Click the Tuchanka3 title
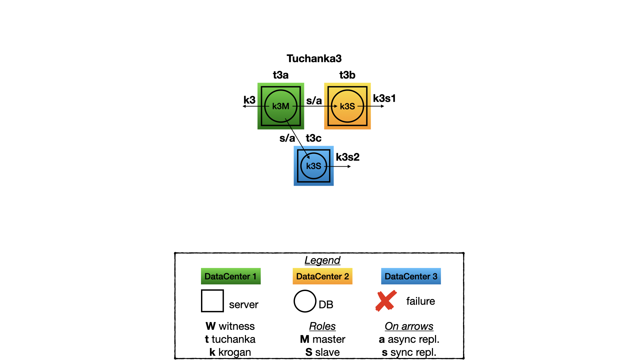tap(314, 59)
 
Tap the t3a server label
tap(281, 75)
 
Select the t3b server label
tap(347, 75)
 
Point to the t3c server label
tap(314, 138)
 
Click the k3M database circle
tap(281, 106)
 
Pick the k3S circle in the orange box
tap(347, 106)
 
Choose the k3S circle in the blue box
tap(314, 166)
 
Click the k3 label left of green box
tap(249, 100)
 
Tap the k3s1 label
tap(384, 98)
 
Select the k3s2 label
tap(348, 157)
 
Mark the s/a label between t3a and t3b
tap(314, 101)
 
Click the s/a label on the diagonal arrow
tap(287, 138)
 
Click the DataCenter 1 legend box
tap(231, 276)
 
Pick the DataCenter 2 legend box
tap(322, 276)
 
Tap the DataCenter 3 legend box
tap(411, 276)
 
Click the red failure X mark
tap(386, 301)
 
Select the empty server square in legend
tap(212, 301)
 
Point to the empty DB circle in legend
tap(305, 301)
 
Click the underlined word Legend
tap(322, 260)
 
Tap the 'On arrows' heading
tap(409, 326)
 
